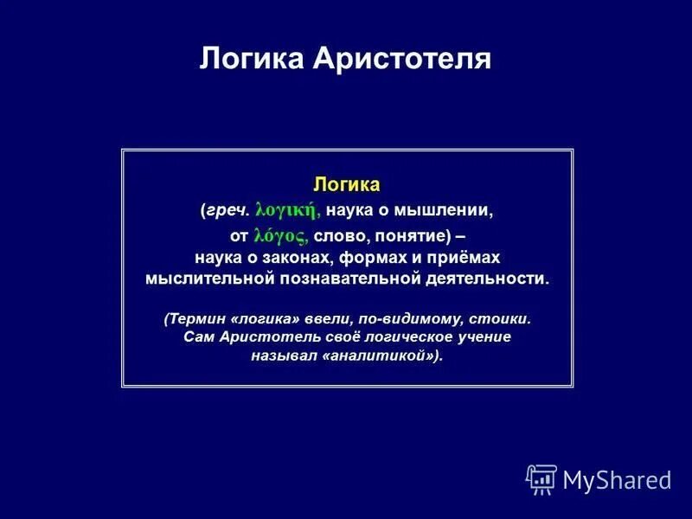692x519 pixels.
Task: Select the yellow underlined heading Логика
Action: click(347, 185)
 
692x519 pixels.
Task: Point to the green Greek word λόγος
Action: click(280, 234)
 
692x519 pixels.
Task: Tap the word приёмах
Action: click(465, 258)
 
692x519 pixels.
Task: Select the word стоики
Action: click(501, 318)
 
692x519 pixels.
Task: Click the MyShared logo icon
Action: click(541, 479)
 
